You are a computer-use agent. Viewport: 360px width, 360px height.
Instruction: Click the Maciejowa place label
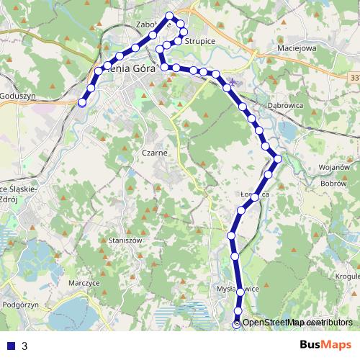pos(296,49)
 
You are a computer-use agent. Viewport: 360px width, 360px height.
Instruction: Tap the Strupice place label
pos(199,42)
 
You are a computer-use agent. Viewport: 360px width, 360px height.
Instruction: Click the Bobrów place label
pos(335,184)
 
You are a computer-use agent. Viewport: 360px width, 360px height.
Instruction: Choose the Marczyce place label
pos(84,283)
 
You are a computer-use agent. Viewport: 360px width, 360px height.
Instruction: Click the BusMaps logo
pos(325,346)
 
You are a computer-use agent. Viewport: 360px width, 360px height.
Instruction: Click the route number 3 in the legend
pos(24,346)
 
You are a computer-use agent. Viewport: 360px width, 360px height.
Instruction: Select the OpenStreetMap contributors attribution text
pos(297,323)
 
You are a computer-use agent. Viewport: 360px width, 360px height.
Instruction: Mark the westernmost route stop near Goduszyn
pos(82,103)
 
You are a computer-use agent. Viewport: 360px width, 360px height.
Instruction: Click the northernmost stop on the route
pos(170,16)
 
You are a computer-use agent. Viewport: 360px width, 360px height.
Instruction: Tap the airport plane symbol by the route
pos(230,82)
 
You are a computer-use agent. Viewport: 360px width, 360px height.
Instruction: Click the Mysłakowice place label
pos(238,289)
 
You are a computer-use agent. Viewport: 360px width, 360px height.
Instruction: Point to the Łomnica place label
pos(255,194)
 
